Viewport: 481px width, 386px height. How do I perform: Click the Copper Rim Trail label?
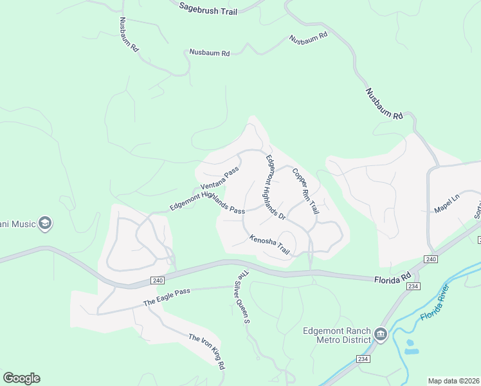pyautogui.click(x=305, y=191)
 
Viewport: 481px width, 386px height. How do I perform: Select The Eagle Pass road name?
pyautogui.click(x=167, y=297)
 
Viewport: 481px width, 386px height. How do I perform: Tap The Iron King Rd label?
pyautogui.click(x=206, y=351)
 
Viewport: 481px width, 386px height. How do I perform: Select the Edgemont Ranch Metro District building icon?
pyautogui.click(x=380, y=335)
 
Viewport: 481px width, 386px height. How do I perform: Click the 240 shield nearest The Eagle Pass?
pyautogui.click(x=158, y=280)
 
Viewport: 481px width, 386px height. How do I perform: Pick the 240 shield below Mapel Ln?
pyautogui.click(x=430, y=259)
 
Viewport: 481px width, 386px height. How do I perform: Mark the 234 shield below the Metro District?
pyautogui.click(x=365, y=358)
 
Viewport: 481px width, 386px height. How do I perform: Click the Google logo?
pyautogui.click(x=21, y=378)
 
